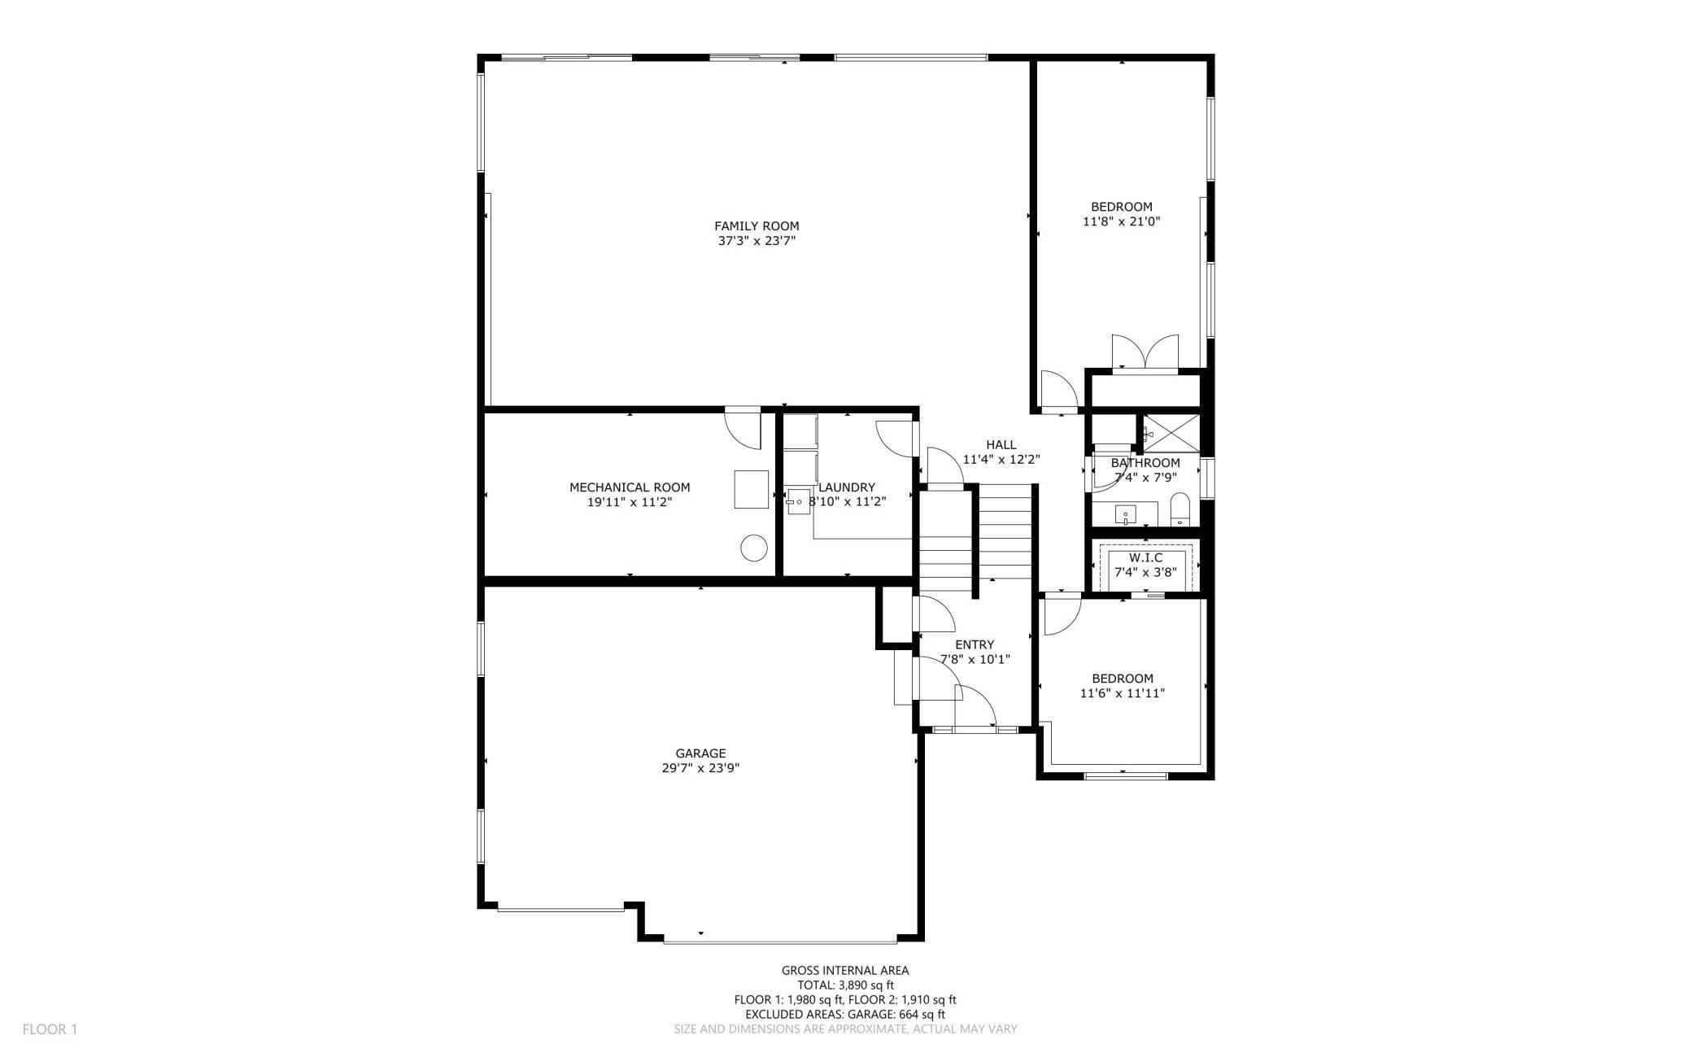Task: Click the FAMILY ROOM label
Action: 757,226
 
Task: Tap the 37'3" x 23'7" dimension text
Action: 757,241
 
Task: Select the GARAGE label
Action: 700,753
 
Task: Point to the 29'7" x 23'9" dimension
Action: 700,768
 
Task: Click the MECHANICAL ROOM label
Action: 630,487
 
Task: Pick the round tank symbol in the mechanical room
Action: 753,548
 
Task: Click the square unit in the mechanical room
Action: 751,489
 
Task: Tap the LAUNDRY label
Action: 847,487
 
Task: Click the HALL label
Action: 1001,444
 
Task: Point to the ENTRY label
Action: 975,644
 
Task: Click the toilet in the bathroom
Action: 1180,510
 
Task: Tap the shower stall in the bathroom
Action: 1171,432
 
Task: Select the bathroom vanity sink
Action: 1126,514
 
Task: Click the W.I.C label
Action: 1145,557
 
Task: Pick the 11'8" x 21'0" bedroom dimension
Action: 1121,221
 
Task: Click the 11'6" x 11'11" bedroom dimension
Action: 1123,693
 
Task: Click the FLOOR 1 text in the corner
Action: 50,1029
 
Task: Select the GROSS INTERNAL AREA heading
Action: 845,970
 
